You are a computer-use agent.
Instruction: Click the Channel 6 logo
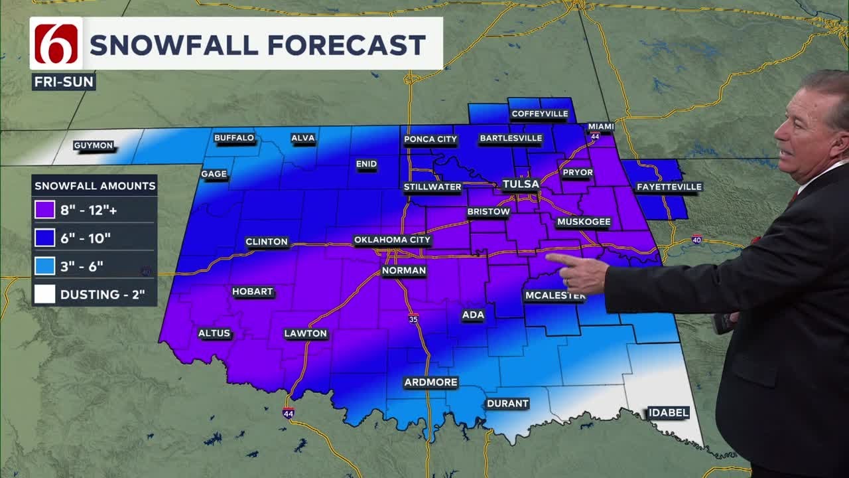[56, 44]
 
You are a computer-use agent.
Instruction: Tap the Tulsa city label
[521, 184]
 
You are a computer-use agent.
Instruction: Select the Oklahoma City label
[392, 240]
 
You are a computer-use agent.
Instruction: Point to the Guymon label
[93, 145]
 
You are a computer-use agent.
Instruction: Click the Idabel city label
[668, 413]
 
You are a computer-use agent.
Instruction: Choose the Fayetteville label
[669, 187]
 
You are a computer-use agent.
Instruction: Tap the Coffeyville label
[539, 114]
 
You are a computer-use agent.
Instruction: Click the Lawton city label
[306, 333]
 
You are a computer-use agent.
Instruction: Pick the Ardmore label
[431, 382]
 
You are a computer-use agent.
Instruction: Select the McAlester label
[555, 295]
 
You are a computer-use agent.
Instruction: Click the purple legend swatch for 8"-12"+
[44, 210]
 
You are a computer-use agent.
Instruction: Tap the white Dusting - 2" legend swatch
[44, 294]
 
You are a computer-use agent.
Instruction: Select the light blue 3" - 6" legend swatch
[44, 266]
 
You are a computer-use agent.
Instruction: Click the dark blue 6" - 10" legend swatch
[44, 238]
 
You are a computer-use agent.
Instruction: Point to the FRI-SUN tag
[64, 82]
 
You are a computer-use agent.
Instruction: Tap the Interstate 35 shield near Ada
[413, 319]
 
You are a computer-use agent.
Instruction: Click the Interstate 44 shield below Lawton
[288, 413]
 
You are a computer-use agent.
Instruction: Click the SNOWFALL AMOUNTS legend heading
[95, 186]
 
